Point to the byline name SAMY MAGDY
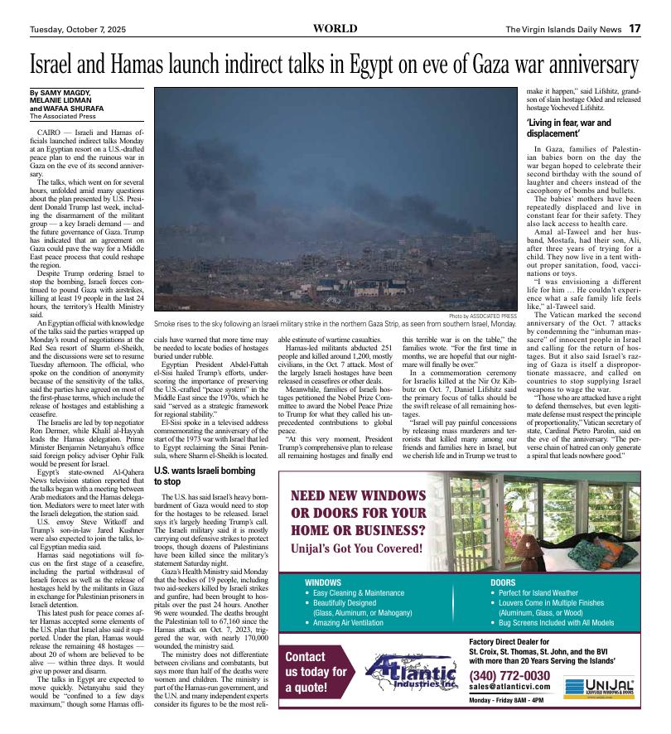coord(65,92)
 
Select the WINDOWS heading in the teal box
coord(323,582)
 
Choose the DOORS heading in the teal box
coord(504,582)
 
